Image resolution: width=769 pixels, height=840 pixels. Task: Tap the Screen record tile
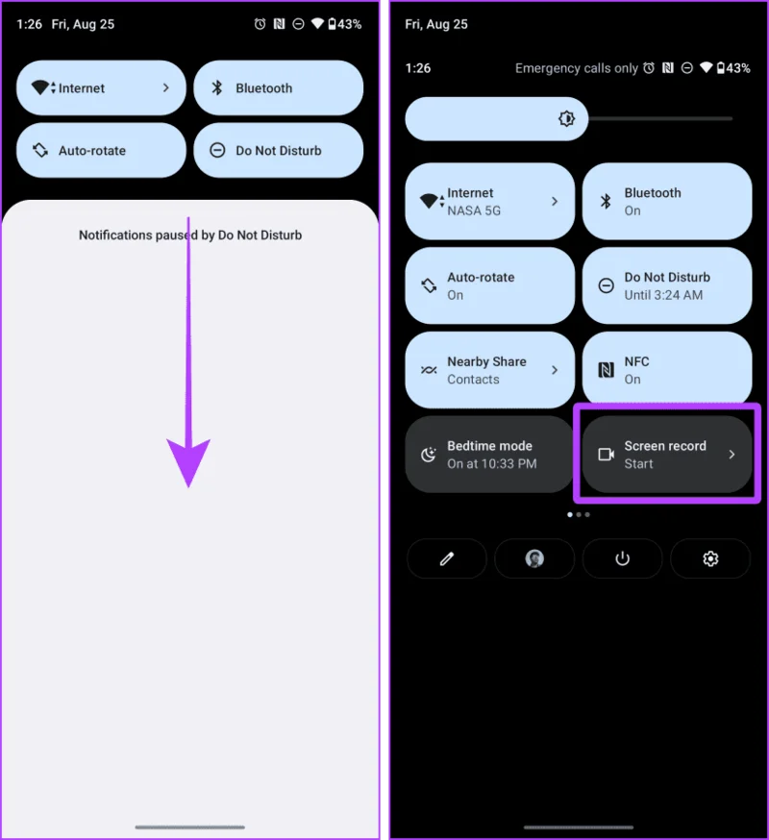click(667, 455)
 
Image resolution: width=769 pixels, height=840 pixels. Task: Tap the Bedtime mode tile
click(489, 455)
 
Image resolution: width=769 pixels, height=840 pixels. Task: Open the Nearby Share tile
click(489, 370)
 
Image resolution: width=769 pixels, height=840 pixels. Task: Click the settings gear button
click(710, 558)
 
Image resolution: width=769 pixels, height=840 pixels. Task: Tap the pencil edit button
click(447, 558)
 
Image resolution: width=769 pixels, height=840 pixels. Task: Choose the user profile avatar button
click(534, 558)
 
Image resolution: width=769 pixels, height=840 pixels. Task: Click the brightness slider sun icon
click(566, 118)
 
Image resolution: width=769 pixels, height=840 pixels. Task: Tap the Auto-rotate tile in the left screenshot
click(101, 150)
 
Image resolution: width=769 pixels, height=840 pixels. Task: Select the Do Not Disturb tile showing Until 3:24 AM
click(667, 285)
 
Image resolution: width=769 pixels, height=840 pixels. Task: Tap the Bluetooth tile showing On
click(667, 202)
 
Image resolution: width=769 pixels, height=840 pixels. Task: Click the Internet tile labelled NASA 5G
click(489, 202)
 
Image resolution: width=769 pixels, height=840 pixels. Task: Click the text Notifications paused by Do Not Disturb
click(190, 235)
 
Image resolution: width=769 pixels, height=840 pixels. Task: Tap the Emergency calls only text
click(576, 68)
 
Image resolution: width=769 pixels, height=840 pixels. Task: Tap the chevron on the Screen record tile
click(732, 455)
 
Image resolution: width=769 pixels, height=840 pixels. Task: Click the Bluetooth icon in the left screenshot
click(217, 87)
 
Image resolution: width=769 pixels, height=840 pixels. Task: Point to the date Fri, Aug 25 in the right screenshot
click(436, 24)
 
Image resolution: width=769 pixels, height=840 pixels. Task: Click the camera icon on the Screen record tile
click(607, 455)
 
